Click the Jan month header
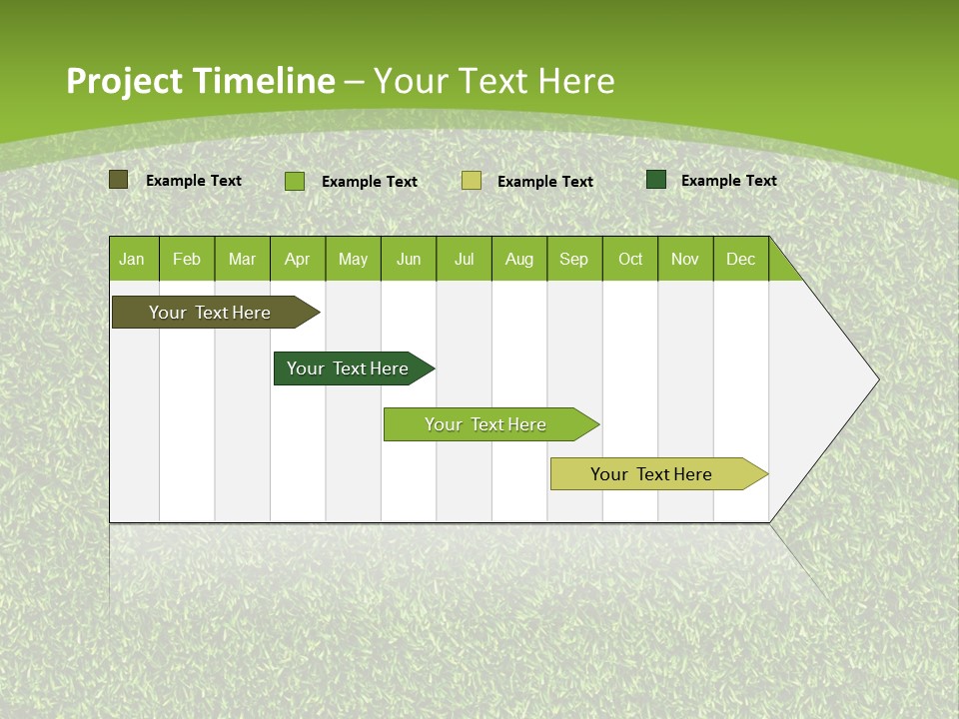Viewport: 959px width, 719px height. click(132, 259)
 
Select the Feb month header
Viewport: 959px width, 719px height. click(187, 259)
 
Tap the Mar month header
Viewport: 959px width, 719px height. click(242, 259)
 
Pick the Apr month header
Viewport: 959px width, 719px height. click(298, 259)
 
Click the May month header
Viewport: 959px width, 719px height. click(353, 259)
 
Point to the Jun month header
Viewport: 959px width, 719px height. click(409, 259)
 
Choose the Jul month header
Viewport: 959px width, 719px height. click(464, 259)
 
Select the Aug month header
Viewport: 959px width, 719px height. click(519, 259)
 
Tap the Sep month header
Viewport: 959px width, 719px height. click(574, 259)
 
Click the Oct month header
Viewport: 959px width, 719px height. click(630, 259)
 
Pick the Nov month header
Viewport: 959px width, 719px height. click(685, 259)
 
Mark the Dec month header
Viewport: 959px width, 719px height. click(741, 259)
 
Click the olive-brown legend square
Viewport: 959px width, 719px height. click(118, 180)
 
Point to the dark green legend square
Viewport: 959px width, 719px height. click(656, 180)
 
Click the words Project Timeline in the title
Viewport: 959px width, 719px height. click(200, 81)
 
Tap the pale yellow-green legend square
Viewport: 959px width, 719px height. click(472, 181)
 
